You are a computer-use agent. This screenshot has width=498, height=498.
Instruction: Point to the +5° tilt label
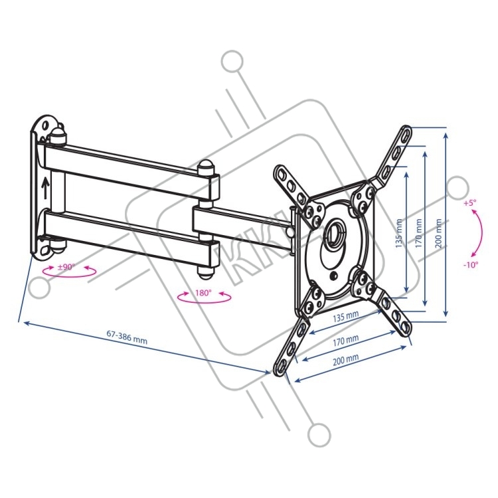click(x=470, y=204)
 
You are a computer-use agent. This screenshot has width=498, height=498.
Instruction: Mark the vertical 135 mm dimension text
click(x=399, y=232)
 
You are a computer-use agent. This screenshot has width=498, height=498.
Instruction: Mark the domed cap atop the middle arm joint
click(x=207, y=168)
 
